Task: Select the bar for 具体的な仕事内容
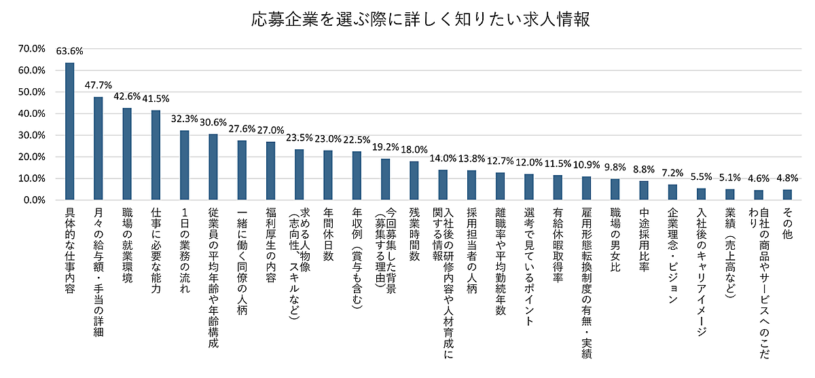[69, 132]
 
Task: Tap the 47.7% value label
[98, 86]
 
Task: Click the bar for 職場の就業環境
[127, 154]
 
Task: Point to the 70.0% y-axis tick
[32, 49]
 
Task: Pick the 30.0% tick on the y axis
[32, 136]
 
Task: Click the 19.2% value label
[386, 146]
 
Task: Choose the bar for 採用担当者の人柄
[471, 185]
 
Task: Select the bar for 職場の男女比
[615, 189]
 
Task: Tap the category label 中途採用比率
[643, 240]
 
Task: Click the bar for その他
[787, 195]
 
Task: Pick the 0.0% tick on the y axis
[34, 200]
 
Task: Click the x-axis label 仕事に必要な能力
[156, 249]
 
